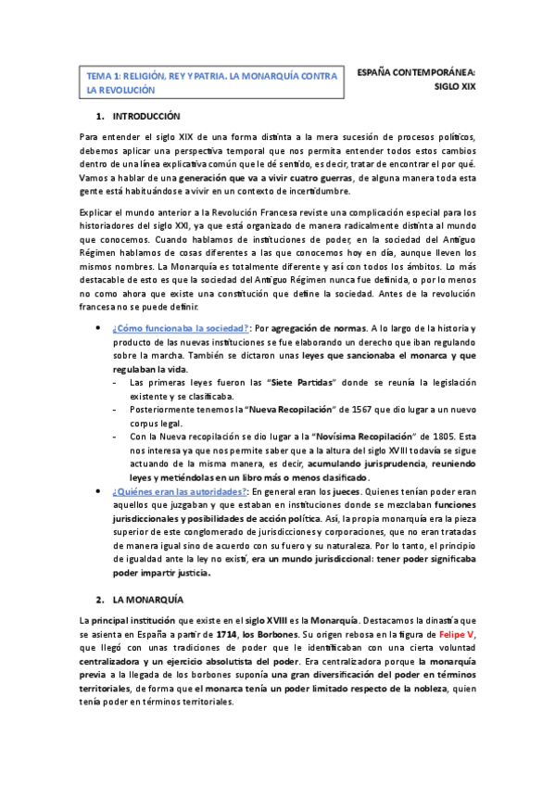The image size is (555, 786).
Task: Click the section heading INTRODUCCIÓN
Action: coord(145,117)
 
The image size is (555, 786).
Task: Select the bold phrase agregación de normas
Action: coord(320,329)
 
